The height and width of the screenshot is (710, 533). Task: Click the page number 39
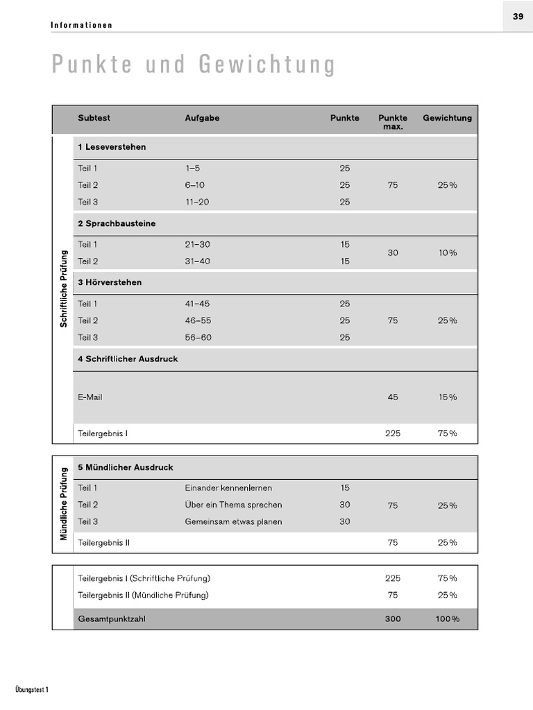coord(518,17)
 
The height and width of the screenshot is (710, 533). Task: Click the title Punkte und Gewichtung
coord(194,64)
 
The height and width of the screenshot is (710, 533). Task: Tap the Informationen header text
coord(82,26)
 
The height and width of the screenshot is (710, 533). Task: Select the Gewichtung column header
coord(447,118)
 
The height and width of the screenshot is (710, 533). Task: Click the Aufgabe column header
coord(202,118)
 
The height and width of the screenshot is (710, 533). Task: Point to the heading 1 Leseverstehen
coord(112,147)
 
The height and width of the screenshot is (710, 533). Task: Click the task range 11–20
coord(198,202)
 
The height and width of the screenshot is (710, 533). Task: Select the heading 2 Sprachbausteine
coord(117,224)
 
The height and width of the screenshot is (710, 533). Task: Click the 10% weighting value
coord(447,253)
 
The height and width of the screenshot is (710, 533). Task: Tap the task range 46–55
coord(198,320)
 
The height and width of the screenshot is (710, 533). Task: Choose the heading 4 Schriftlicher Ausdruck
coord(128,359)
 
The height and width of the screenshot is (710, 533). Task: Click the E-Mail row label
coord(90,397)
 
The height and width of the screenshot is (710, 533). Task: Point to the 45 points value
coord(393,397)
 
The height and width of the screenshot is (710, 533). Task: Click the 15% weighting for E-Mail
coord(447,397)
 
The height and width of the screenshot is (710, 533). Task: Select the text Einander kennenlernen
coord(228,488)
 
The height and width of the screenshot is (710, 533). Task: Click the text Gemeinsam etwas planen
coord(233,522)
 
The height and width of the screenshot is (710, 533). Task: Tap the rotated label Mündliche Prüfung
coord(63,504)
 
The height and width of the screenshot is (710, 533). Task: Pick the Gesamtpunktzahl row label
coord(112,619)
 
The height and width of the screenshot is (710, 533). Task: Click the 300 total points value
coord(393,619)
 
